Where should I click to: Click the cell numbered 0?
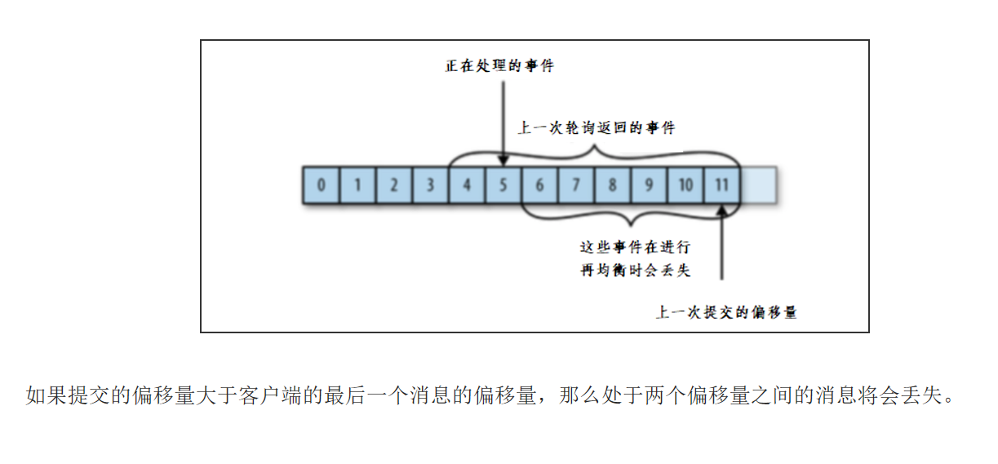321,185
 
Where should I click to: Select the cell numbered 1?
357,185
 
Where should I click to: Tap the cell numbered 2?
393,185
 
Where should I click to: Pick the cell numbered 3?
430,185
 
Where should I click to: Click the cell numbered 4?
467,185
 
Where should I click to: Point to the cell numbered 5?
503,185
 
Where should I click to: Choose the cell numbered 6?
539,185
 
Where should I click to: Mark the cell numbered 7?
576,185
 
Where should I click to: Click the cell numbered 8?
612,185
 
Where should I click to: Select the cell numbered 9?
649,185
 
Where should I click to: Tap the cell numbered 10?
685,185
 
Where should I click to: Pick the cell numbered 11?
722,185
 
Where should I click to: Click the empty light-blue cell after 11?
758,185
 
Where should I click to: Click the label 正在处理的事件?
499,66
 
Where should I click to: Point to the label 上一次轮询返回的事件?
597,128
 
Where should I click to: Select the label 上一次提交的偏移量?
726,312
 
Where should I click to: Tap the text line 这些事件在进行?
634,247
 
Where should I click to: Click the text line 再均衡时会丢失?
634,270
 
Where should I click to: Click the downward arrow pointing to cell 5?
503,123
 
